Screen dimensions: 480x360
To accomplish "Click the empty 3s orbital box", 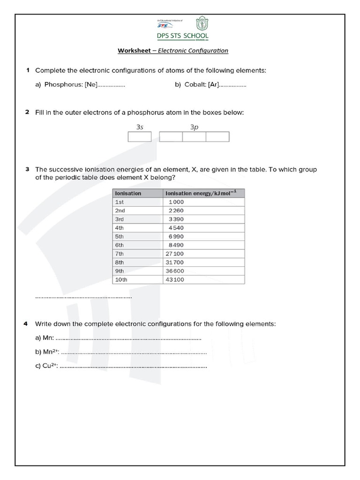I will [140, 136].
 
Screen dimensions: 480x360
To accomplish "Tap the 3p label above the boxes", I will [194, 127].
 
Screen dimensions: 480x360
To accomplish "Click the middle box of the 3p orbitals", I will [194, 136].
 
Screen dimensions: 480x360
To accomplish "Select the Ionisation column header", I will [128, 193].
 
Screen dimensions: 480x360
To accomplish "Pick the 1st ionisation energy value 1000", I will [176, 202].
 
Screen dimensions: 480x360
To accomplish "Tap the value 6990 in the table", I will [176, 237].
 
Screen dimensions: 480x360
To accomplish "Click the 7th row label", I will [120, 254].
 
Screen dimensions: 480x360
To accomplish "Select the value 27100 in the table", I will [175, 254].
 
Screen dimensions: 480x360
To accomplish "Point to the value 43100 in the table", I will [175, 280].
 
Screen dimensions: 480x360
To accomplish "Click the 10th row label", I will [121, 280].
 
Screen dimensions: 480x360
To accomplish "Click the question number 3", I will [28, 169].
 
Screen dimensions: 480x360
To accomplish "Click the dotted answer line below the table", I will [83, 297].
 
